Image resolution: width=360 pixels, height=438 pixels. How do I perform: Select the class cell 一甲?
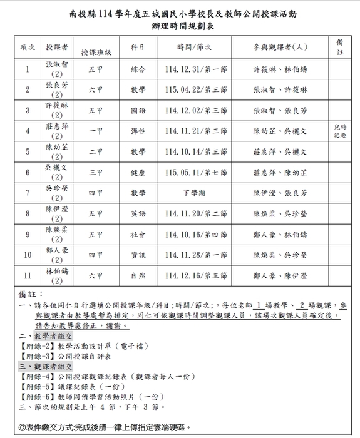pyautogui.click(x=96, y=131)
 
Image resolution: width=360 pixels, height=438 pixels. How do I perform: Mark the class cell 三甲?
pyautogui.click(x=96, y=172)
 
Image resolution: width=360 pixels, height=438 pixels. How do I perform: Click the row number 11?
pyautogui.click(x=28, y=275)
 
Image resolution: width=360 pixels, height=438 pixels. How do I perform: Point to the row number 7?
pyautogui.click(x=28, y=193)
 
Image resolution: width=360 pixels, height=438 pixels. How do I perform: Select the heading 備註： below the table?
pyautogui.click(x=29, y=293)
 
